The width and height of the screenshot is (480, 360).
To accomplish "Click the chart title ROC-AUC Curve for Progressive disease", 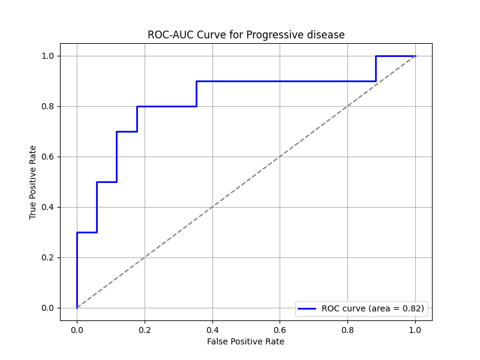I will pos(246,35).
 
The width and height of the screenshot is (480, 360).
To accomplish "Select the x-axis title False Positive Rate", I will pos(245,341).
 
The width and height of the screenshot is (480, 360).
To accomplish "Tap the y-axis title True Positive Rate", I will pos(33,182).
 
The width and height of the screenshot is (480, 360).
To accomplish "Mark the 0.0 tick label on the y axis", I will pos(47,308).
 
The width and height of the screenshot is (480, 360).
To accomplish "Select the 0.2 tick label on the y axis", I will pos(47,257).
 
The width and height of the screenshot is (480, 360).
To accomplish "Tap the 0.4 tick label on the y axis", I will pos(47,207).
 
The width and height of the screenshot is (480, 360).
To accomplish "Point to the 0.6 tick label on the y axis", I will pos(47,157).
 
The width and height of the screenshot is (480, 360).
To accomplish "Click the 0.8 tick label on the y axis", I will pos(47,106).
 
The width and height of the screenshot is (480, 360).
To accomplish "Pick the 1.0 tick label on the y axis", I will pos(47,56).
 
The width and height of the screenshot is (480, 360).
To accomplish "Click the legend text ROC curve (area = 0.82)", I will pos(373,308).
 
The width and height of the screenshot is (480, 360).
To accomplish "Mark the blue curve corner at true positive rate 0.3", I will pos(77,232).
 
